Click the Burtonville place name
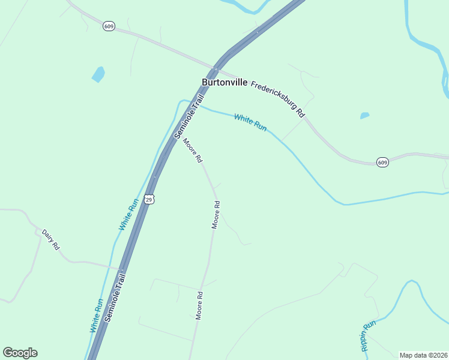coord(224,82)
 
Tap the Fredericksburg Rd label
coord(278,99)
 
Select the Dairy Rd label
coord(51,239)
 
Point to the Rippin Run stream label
coord(368,335)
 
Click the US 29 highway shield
coord(149,199)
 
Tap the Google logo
coord(20,353)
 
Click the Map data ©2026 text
coord(423,355)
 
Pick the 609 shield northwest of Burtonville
coord(109,26)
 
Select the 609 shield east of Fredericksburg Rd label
coord(383,162)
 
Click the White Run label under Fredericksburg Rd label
coord(250,122)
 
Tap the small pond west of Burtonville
coord(98,74)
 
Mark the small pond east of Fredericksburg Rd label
coord(364,115)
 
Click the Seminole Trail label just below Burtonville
coord(190,115)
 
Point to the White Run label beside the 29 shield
coord(128,214)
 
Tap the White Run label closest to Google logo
coord(97,316)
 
